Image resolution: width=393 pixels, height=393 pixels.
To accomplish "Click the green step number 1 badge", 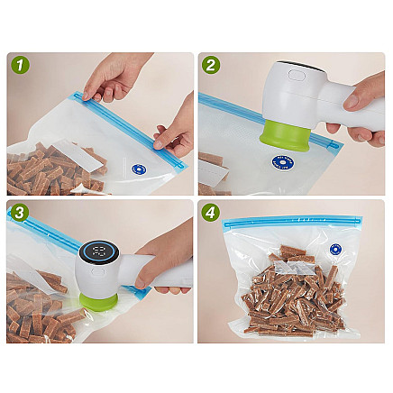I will tap(20, 65).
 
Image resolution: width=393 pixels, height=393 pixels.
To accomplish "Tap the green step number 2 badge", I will tap(211, 65).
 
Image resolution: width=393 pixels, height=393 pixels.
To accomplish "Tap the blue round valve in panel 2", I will tap(282, 162).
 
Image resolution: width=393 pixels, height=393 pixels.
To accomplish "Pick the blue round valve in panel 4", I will tap(336, 250).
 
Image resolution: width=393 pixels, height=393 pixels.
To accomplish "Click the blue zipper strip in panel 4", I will tap(291, 221).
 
